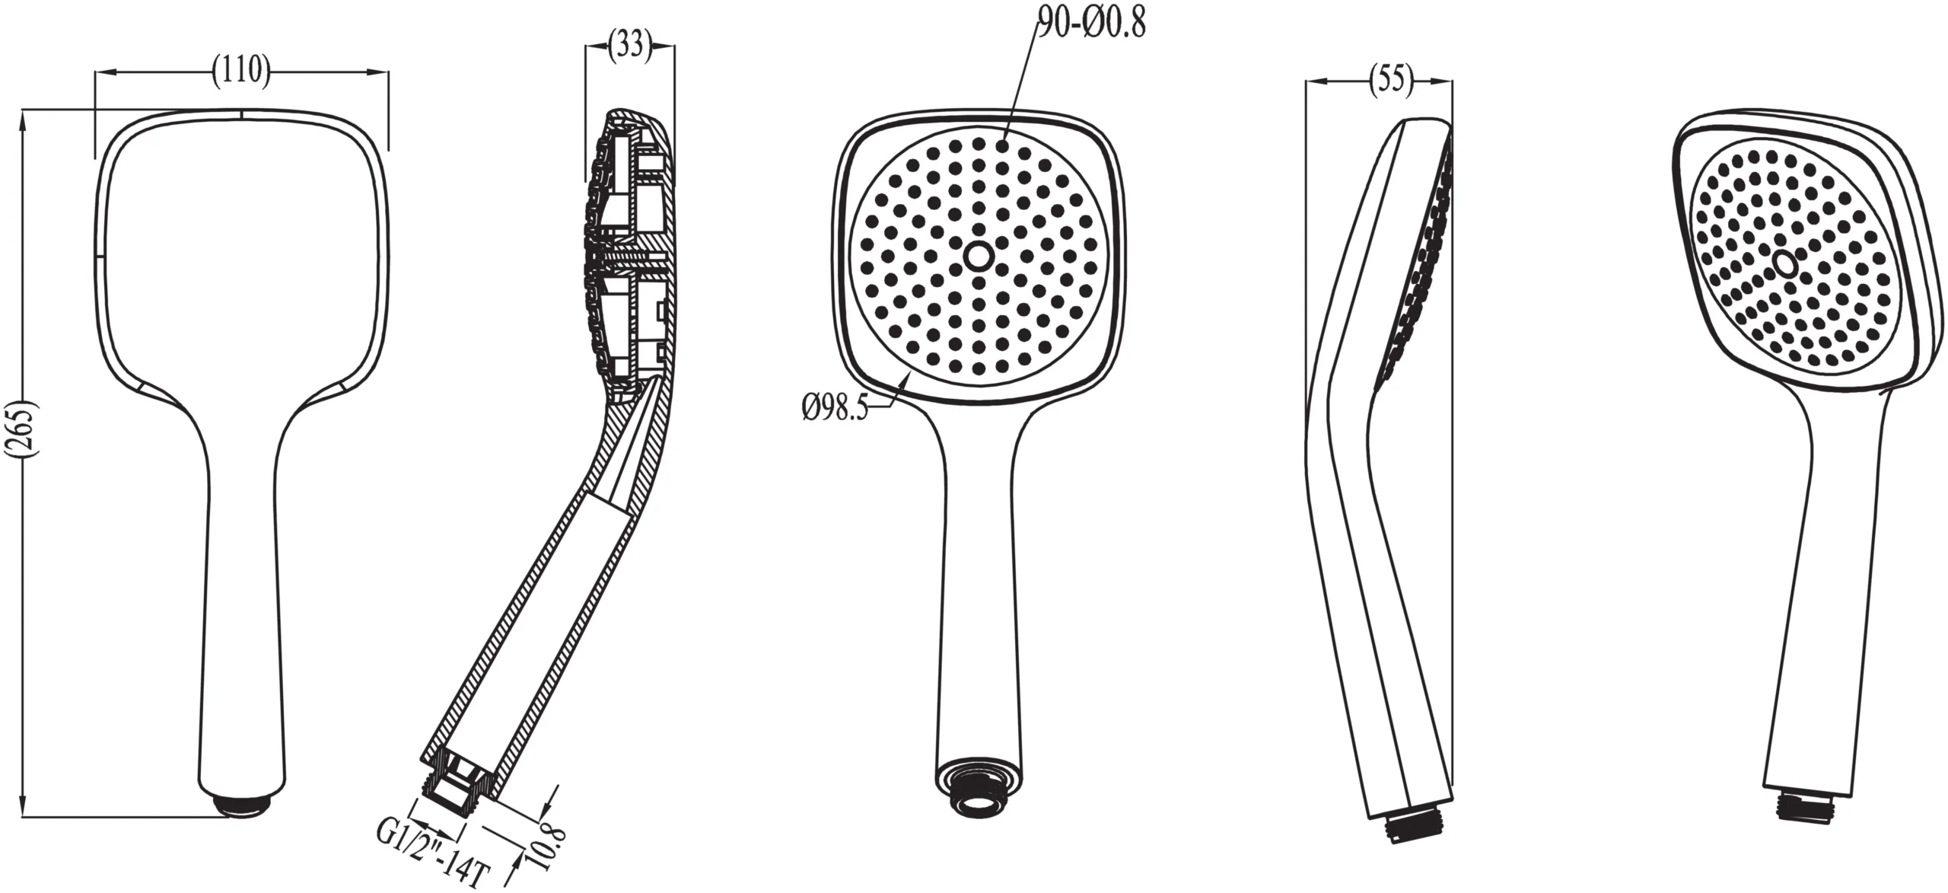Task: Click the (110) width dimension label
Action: pos(241,72)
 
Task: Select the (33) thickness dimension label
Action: pos(630,46)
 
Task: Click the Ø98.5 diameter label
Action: pos(834,409)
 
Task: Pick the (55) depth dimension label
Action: pos(1391,79)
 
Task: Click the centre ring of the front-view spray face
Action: pos(978,257)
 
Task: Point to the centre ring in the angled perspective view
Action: pos(1784,263)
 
